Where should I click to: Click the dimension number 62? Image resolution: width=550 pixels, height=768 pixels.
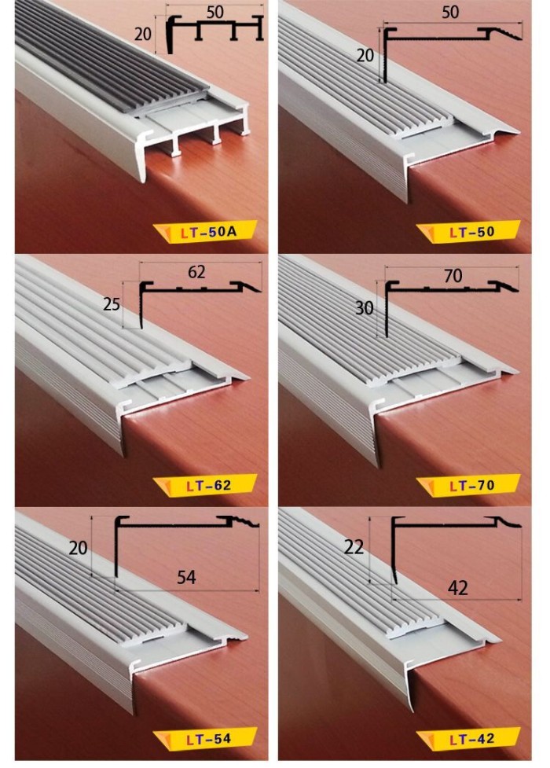[x=196, y=272]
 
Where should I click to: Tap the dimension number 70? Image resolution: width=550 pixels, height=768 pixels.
[x=453, y=276]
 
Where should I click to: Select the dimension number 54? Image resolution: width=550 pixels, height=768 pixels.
[x=186, y=578]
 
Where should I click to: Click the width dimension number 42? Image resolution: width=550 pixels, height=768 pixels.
[x=457, y=588]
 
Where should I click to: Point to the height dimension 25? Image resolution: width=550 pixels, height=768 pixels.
[x=112, y=305]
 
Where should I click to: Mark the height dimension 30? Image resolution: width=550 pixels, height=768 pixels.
[x=365, y=308]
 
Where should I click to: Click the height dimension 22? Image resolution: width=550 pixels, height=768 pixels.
[x=354, y=546]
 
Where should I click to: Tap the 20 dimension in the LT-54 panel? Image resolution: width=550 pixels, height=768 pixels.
[x=78, y=548]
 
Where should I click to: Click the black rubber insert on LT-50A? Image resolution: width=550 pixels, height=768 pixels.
[x=107, y=59]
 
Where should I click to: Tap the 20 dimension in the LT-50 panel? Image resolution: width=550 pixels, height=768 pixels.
[x=365, y=56]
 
